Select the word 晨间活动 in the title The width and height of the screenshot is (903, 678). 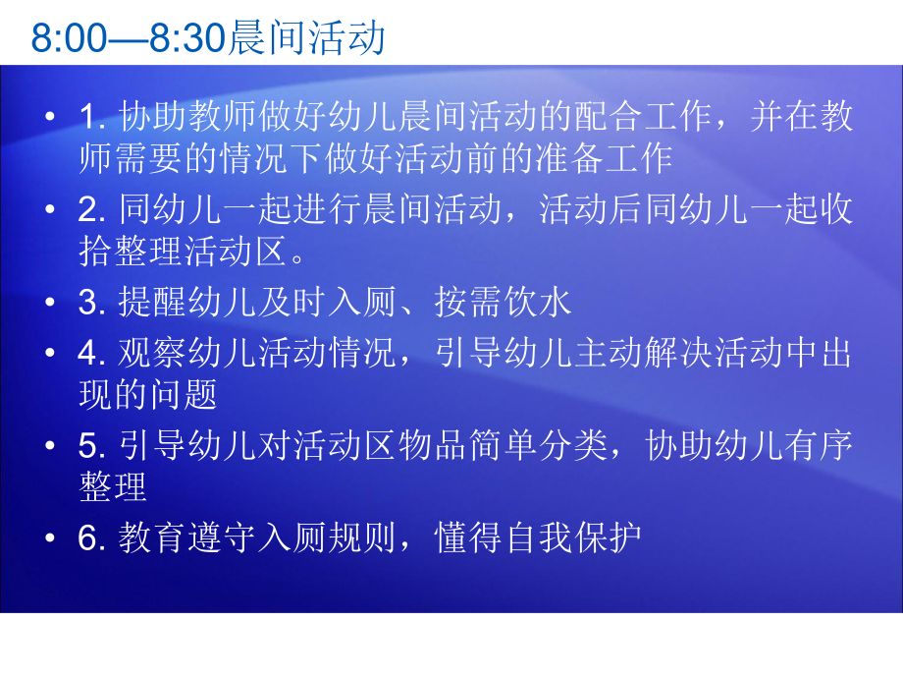click(x=305, y=39)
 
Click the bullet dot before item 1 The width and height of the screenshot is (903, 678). click(x=50, y=119)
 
